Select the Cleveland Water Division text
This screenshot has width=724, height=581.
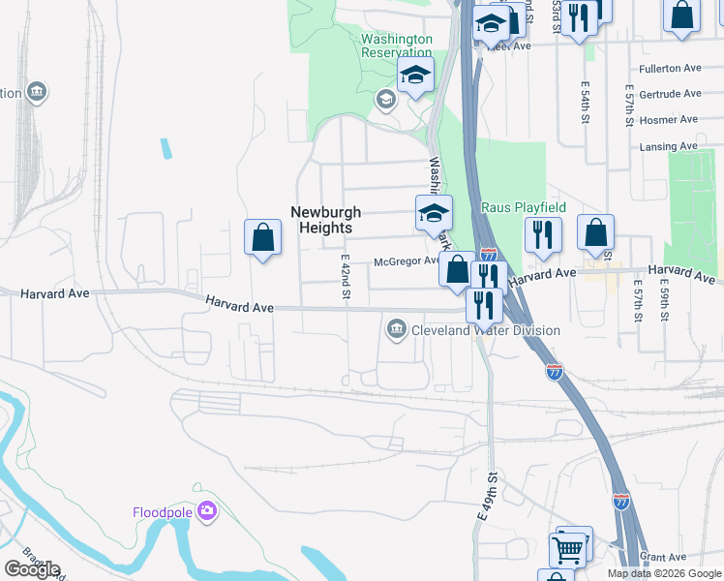[485, 330]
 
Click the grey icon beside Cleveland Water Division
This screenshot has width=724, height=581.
[396, 330]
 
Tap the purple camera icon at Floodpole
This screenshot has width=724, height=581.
[205, 511]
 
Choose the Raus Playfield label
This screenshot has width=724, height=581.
[524, 207]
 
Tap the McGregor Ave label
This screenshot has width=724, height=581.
[407, 261]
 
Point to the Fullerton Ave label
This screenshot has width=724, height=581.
[670, 70]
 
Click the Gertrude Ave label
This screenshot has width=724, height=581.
[670, 94]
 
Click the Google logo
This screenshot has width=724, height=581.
[32, 569]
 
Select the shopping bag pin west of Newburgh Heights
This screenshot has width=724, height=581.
[263, 237]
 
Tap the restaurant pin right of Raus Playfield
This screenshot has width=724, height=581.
[543, 234]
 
